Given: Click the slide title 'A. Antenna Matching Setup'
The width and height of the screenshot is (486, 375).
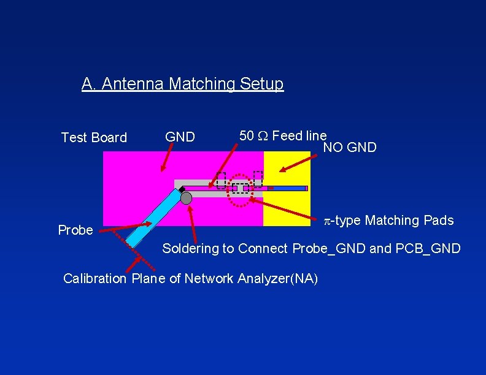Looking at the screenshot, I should tap(182, 83).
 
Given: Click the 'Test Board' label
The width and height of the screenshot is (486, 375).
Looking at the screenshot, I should tap(94, 138).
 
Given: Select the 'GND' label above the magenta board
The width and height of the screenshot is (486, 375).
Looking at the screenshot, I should tap(180, 137).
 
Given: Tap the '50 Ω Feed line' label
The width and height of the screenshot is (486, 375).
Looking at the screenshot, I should tap(283, 135).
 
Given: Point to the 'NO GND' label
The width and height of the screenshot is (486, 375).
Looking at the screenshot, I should tap(350, 148).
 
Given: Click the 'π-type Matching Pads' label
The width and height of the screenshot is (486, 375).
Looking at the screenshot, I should tap(389, 221).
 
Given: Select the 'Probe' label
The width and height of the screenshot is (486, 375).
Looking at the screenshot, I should tap(75, 230).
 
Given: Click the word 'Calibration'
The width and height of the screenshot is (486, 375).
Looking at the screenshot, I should tap(96, 279).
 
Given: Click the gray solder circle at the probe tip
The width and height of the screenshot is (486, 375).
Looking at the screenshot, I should tap(187, 197).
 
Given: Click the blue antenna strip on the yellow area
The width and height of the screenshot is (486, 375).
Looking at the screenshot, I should tap(288, 188).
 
